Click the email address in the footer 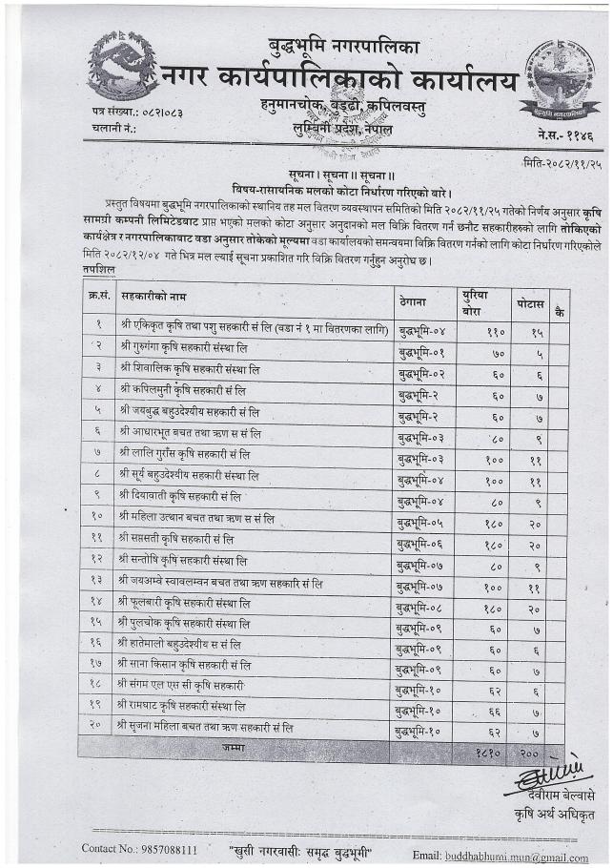[514, 856]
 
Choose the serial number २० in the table [98, 727]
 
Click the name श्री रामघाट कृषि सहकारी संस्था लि [182, 705]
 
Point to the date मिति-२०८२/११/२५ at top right [559, 163]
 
